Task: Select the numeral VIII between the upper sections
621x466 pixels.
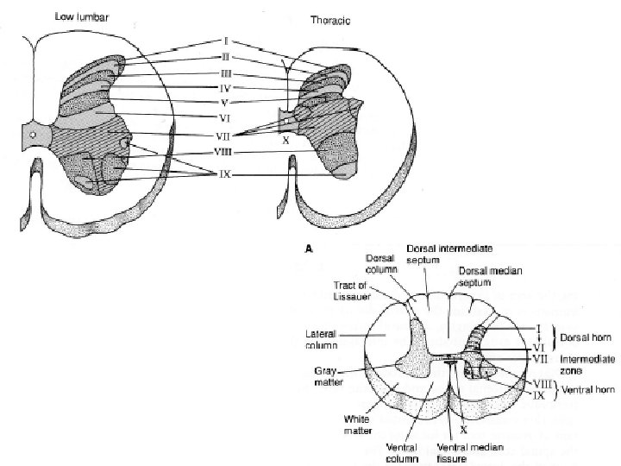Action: pyautogui.click(x=223, y=152)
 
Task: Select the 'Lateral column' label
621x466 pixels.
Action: pyautogui.click(x=322, y=337)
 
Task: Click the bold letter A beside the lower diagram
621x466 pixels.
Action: pyautogui.click(x=310, y=246)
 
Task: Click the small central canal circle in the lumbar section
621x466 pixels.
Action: pyautogui.click(x=32, y=135)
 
